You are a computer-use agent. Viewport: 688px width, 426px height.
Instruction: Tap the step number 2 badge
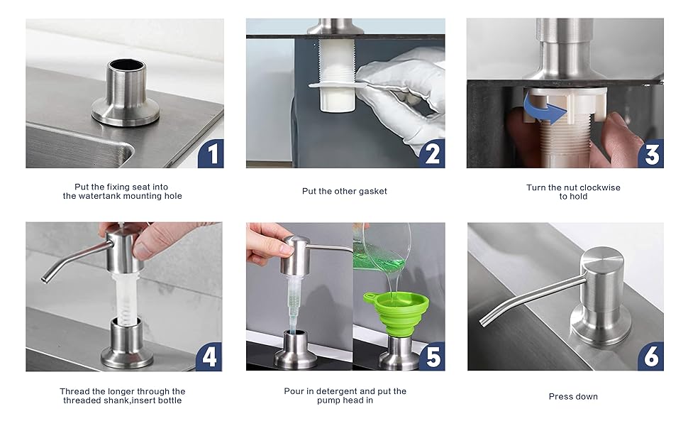pos(431,153)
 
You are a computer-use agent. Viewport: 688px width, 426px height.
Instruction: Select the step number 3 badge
pos(651,153)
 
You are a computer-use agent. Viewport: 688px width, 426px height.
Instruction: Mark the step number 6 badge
pos(651,356)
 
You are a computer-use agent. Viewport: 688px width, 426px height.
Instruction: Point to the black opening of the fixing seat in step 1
pos(125,65)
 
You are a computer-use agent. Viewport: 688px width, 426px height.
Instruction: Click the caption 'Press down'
pos(573,396)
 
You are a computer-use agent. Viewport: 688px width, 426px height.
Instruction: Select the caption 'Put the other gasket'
pos(345,191)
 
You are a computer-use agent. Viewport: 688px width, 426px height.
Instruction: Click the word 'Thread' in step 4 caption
pos(74,391)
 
